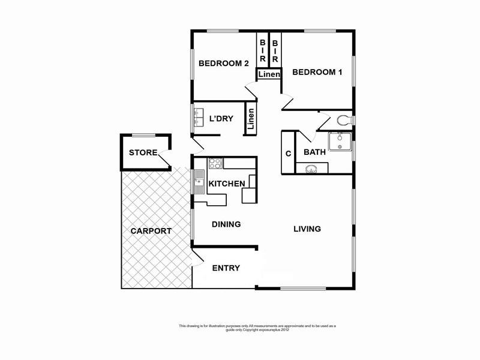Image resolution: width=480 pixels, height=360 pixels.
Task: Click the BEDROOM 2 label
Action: (x=223, y=64)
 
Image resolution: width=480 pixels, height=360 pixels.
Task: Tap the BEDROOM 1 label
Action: (x=317, y=72)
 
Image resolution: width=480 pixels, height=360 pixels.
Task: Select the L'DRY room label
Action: (x=221, y=118)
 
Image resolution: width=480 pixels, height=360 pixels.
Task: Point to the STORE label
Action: (x=143, y=152)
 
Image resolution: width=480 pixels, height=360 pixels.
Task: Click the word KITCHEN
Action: (x=226, y=184)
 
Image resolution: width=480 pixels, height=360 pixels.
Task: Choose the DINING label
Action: (x=226, y=224)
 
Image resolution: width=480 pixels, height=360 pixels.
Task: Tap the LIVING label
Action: (x=307, y=229)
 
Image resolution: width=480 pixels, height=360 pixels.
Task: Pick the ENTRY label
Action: (x=226, y=268)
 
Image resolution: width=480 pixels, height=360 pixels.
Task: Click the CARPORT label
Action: (x=151, y=230)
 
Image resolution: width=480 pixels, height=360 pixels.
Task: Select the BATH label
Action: (x=315, y=152)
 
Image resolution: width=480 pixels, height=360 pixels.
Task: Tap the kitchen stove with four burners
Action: (x=215, y=163)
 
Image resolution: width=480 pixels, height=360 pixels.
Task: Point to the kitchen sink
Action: (x=199, y=181)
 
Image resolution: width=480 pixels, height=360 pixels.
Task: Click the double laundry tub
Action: (x=199, y=118)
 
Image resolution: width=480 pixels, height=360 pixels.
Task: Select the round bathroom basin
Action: (x=311, y=169)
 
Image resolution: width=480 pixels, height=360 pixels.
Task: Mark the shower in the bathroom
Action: (x=340, y=141)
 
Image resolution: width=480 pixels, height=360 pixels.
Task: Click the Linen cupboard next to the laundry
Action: (x=250, y=119)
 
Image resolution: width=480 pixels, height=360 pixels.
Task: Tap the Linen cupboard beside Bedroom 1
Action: (x=269, y=74)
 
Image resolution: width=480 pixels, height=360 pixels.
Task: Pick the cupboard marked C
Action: (x=288, y=154)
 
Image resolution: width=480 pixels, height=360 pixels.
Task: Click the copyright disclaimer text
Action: (x=257, y=328)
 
